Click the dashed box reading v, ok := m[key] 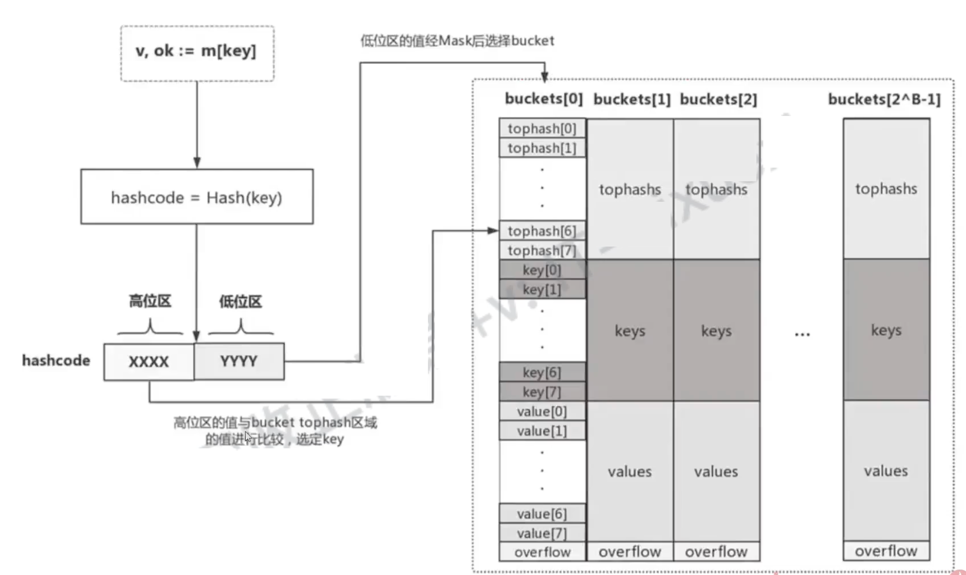pyautogui.click(x=197, y=53)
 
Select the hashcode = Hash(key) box pyautogui.click(x=197, y=197)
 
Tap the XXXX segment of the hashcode pyautogui.click(x=149, y=362)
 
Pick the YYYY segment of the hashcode pyautogui.click(x=239, y=361)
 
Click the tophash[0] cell pyautogui.click(x=542, y=128)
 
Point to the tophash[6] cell pyautogui.click(x=542, y=230)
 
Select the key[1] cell pyautogui.click(x=542, y=289)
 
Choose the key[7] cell pyautogui.click(x=542, y=392)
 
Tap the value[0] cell pyautogui.click(x=542, y=411)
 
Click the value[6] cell pyautogui.click(x=542, y=514)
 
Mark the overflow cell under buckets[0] pyautogui.click(x=542, y=552)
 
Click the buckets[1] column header pyautogui.click(x=632, y=99)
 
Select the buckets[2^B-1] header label pyautogui.click(x=884, y=99)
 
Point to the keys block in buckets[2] pyautogui.click(x=716, y=330)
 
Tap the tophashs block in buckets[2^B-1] pyautogui.click(x=886, y=189)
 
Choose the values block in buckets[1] pyautogui.click(x=630, y=471)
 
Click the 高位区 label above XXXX pyautogui.click(x=150, y=301)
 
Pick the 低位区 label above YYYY pyautogui.click(x=240, y=302)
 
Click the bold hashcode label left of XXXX pyautogui.click(x=56, y=361)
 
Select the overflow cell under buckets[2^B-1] pyautogui.click(x=886, y=551)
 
